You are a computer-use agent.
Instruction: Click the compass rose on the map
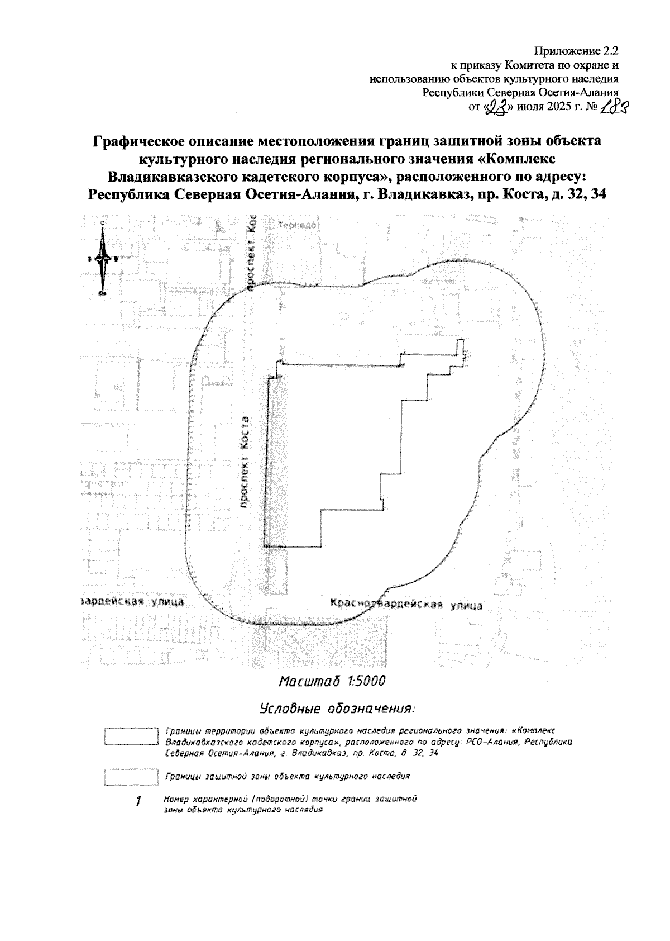102,258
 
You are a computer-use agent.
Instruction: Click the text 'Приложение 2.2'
577,51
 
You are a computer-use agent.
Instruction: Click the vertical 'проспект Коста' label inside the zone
244,462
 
